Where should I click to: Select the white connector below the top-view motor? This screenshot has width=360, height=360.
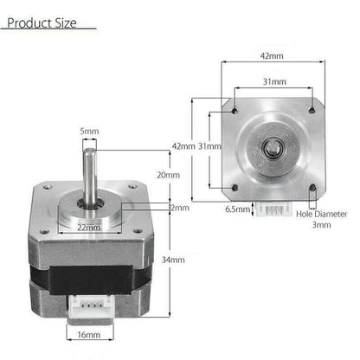point(273,208)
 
